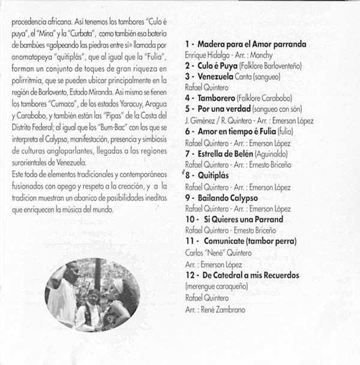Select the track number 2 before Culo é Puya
coord(187,65)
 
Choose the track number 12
coord(190,275)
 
